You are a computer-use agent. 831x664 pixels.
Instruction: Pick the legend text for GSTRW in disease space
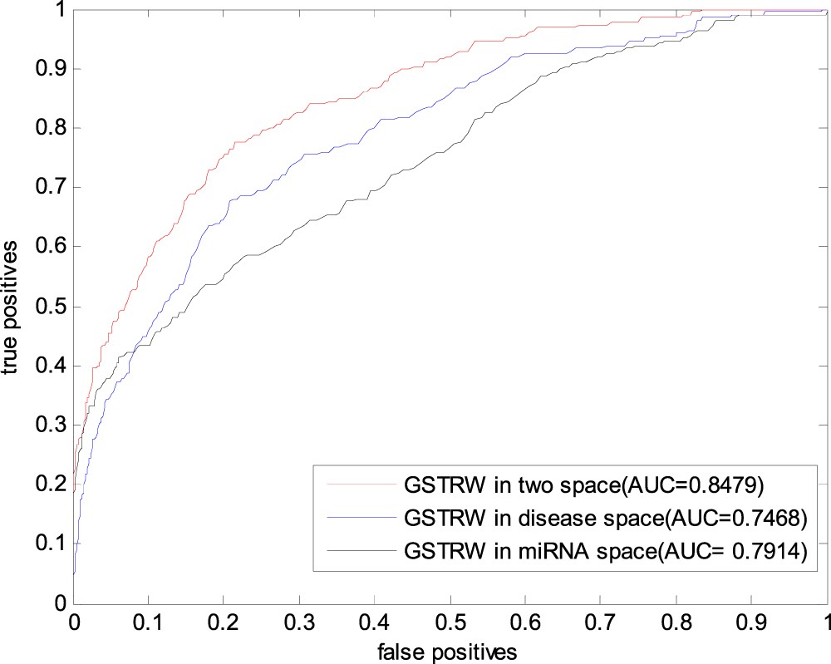(x=604, y=517)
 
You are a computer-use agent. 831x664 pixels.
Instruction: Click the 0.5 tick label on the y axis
(x=52, y=307)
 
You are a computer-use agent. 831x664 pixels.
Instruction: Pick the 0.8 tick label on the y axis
(x=52, y=128)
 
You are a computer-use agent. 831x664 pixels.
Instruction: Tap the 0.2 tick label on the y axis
(x=52, y=484)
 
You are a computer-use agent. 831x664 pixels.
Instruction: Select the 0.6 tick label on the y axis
(x=52, y=247)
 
